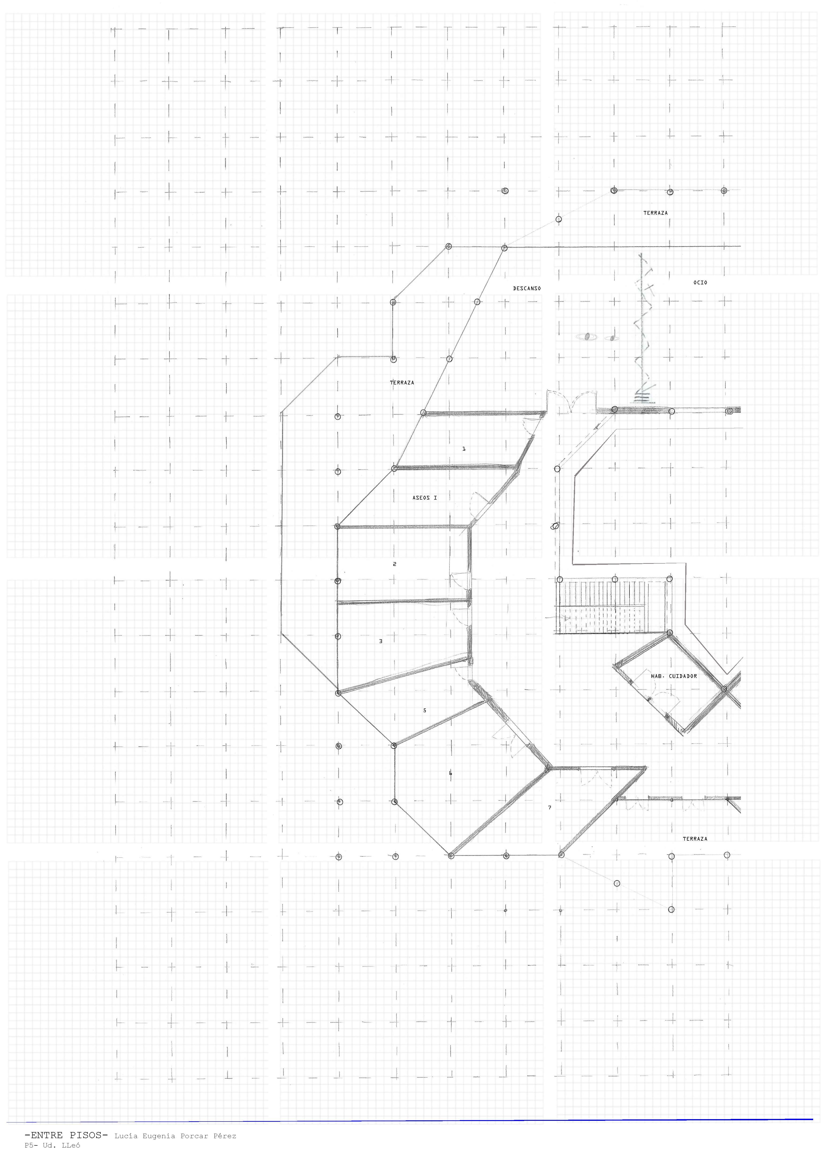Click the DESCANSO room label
[526, 288]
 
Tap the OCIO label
[700, 282]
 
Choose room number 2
[395, 564]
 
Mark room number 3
[381, 641]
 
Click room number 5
[425, 710]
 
